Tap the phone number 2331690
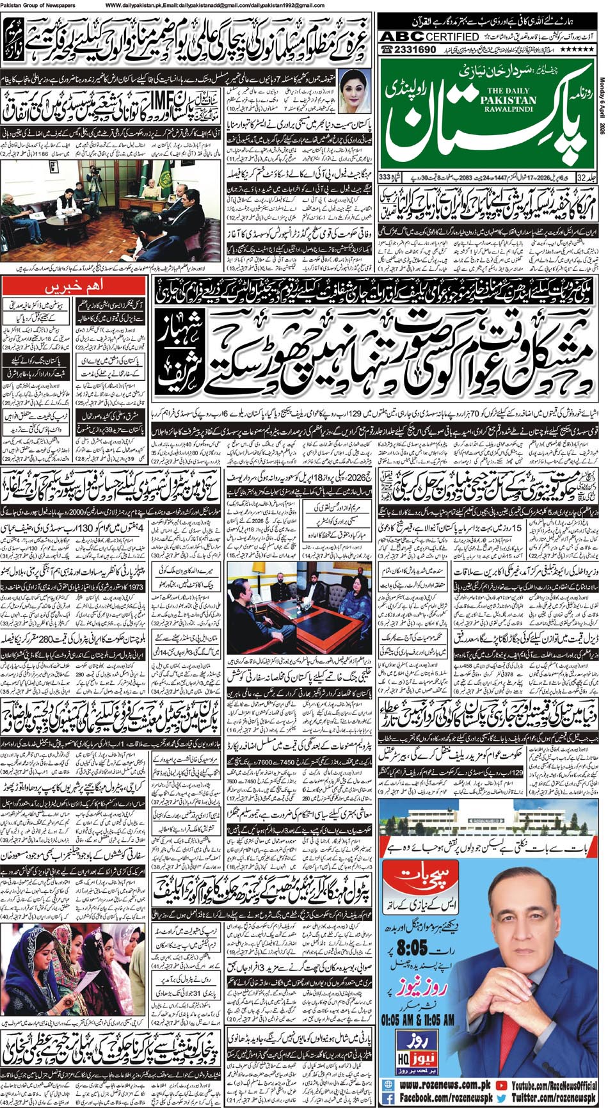pyautogui.click(x=417, y=49)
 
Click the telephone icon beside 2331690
pyautogui.click(x=388, y=49)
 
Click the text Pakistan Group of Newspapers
pyautogui.click(x=40, y=5)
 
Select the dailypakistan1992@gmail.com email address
pyautogui.click(x=292, y=5)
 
